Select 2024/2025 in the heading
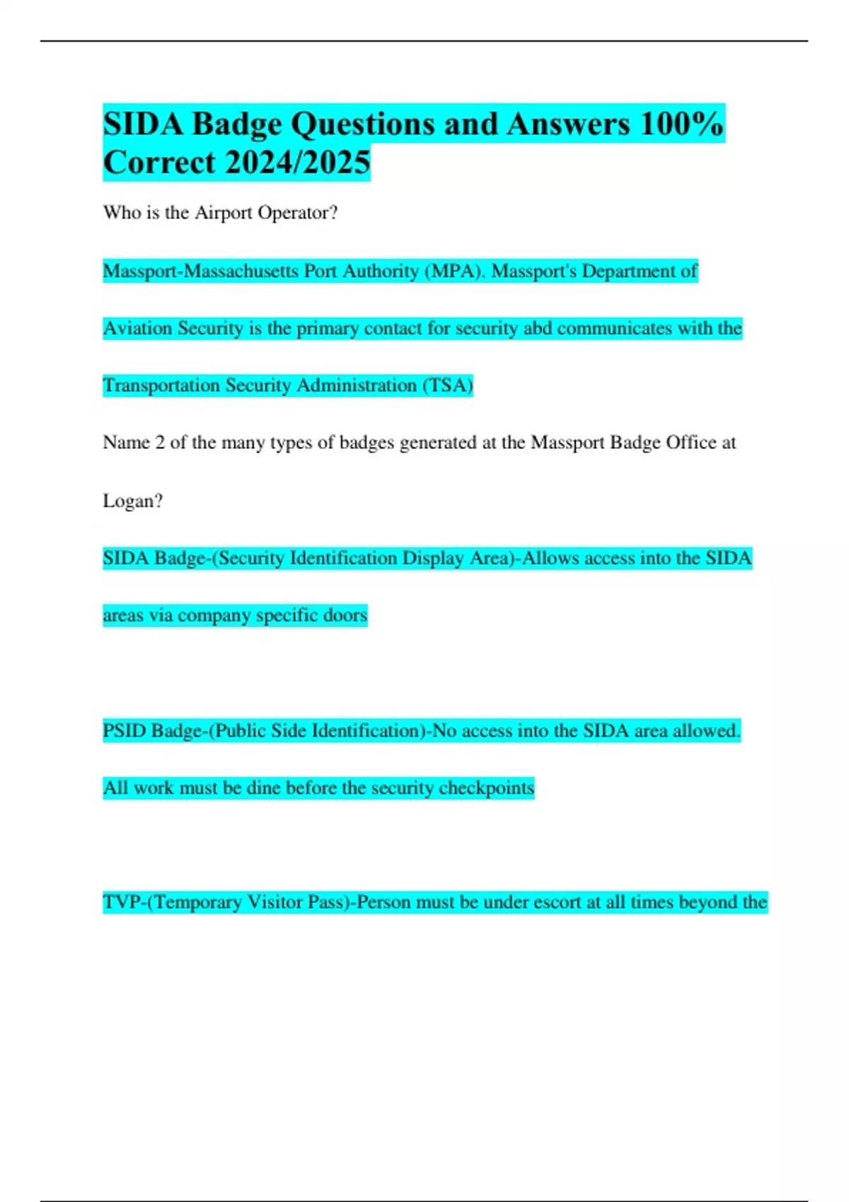pos(298,163)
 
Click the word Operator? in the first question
pos(297,213)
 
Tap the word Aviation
pos(137,329)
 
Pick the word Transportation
pos(161,385)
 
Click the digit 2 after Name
pos(160,443)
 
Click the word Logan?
pos(132,501)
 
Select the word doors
pos(345,616)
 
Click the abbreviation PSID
pos(125,730)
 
